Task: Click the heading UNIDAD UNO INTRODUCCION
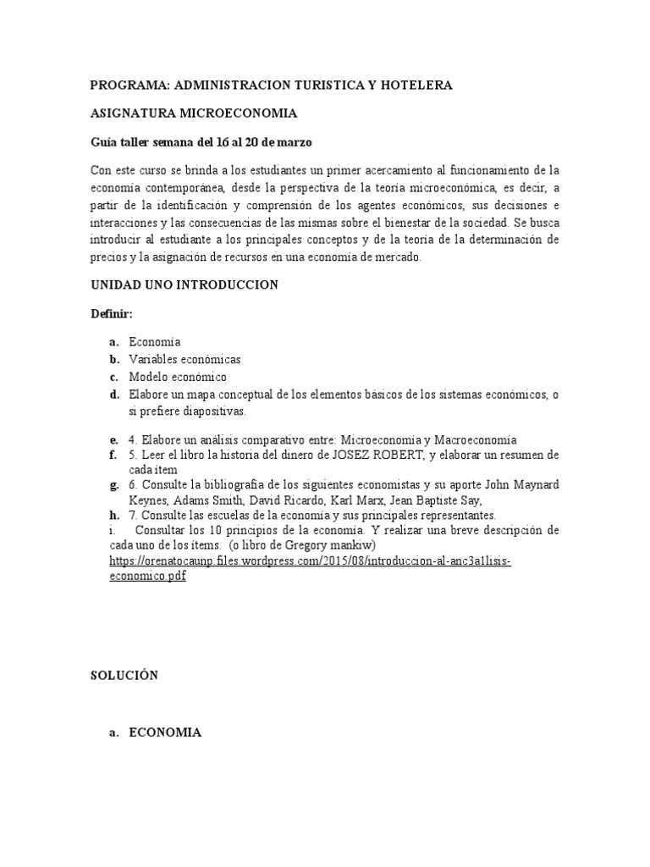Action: pyautogui.click(x=185, y=285)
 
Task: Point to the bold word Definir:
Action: pyautogui.click(x=112, y=313)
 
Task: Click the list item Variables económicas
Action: pyautogui.click(x=185, y=359)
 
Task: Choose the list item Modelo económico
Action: pyautogui.click(x=178, y=377)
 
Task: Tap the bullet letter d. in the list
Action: pyautogui.click(x=113, y=395)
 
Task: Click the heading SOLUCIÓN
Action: pyautogui.click(x=124, y=676)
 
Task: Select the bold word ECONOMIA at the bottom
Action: pyautogui.click(x=165, y=733)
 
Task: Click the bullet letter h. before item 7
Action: pyautogui.click(x=113, y=515)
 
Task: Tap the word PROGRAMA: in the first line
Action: pyautogui.click(x=128, y=85)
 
